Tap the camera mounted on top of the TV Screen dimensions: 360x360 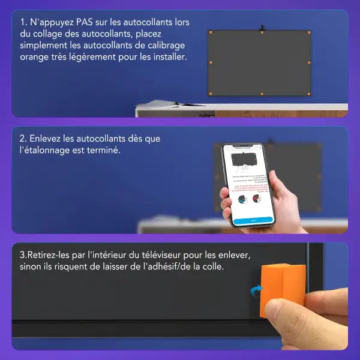pos(262,28)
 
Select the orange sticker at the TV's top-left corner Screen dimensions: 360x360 pos(210,32)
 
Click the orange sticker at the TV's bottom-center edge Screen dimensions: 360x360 pos(262,94)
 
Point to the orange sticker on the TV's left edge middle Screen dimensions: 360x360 pos(210,62)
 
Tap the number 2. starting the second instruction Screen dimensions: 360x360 pos(23,139)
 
